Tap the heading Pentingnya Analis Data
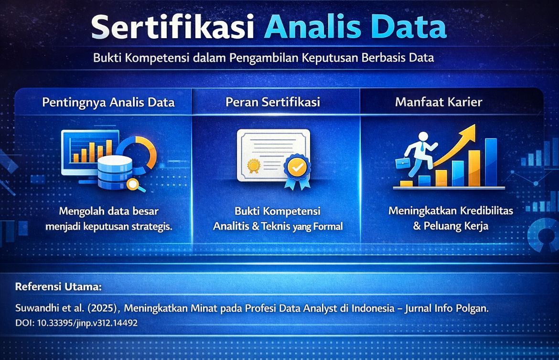108,102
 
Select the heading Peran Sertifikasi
273,102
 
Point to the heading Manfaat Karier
438,102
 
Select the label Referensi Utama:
58,287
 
